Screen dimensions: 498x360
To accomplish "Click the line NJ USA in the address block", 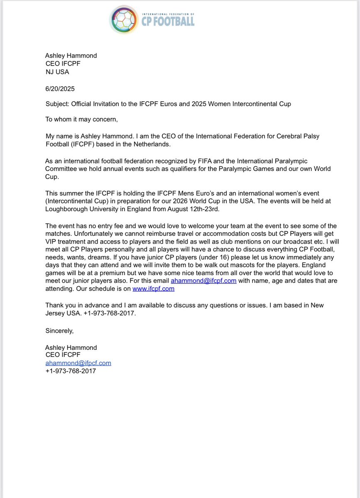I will (x=57, y=71).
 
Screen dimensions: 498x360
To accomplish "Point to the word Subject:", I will (x=57, y=104).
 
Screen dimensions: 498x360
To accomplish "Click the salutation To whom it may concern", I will (x=81, y=120).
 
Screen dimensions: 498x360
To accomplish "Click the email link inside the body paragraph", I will (x=203, y=281).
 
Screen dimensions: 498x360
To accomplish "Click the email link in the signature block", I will (x=78, y=363).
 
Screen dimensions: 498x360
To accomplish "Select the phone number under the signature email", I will (x=71, y=371).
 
